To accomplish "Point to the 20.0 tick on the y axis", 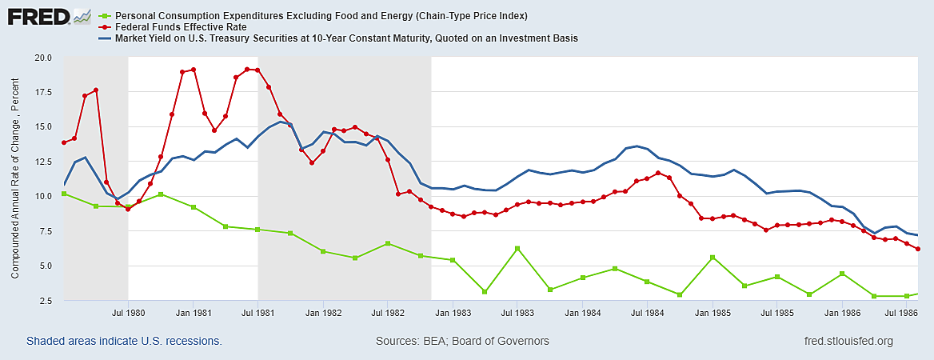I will [x=42, y=58].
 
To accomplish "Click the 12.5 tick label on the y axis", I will [x=42, y=162].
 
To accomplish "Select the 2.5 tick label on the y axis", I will [x=45, y=301].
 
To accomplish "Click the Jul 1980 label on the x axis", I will [x=128, y=313].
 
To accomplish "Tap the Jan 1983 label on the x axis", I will [x=453, y=313].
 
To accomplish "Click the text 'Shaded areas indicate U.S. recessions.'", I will [x=124, y=341].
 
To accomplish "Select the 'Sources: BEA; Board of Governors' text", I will [x=462, y=341].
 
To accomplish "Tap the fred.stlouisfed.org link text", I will [x=850, y=341].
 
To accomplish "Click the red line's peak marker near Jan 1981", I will [x=194, y=70].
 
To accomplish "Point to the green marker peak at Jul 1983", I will [x=517, y=248].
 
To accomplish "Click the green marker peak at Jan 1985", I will [x=712, y=258].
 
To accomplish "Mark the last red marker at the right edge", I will [x=918, y=249].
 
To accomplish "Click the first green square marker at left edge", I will [x=64, y=194].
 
